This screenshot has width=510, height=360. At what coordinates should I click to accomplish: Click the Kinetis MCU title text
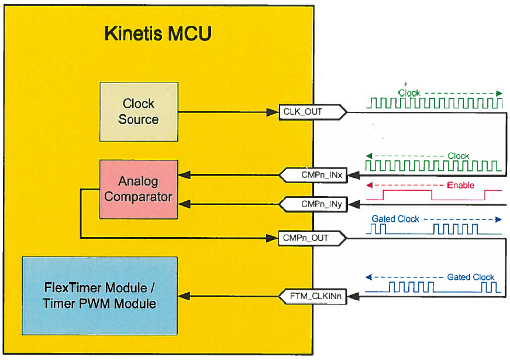[x=158, y=33]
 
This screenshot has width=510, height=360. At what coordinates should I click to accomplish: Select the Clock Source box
[x=139, y=111]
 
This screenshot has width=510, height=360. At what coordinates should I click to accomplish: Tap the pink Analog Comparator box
[x=139, y=189]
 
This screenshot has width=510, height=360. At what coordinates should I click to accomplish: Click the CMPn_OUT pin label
[x=305, y=238]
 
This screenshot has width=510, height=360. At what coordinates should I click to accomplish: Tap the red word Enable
[x=460, y=186]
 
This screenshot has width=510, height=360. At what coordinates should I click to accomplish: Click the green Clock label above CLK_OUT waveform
[x=409, y=92]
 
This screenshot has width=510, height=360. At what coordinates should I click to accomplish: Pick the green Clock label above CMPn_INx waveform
[x=458, y=156]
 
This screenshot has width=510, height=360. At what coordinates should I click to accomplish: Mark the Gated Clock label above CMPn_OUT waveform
[x=395, y=219]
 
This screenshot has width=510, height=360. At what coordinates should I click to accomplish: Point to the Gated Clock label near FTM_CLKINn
[x=470, y=277]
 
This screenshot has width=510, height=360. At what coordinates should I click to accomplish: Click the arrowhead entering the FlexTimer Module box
[x=182, y=297]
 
